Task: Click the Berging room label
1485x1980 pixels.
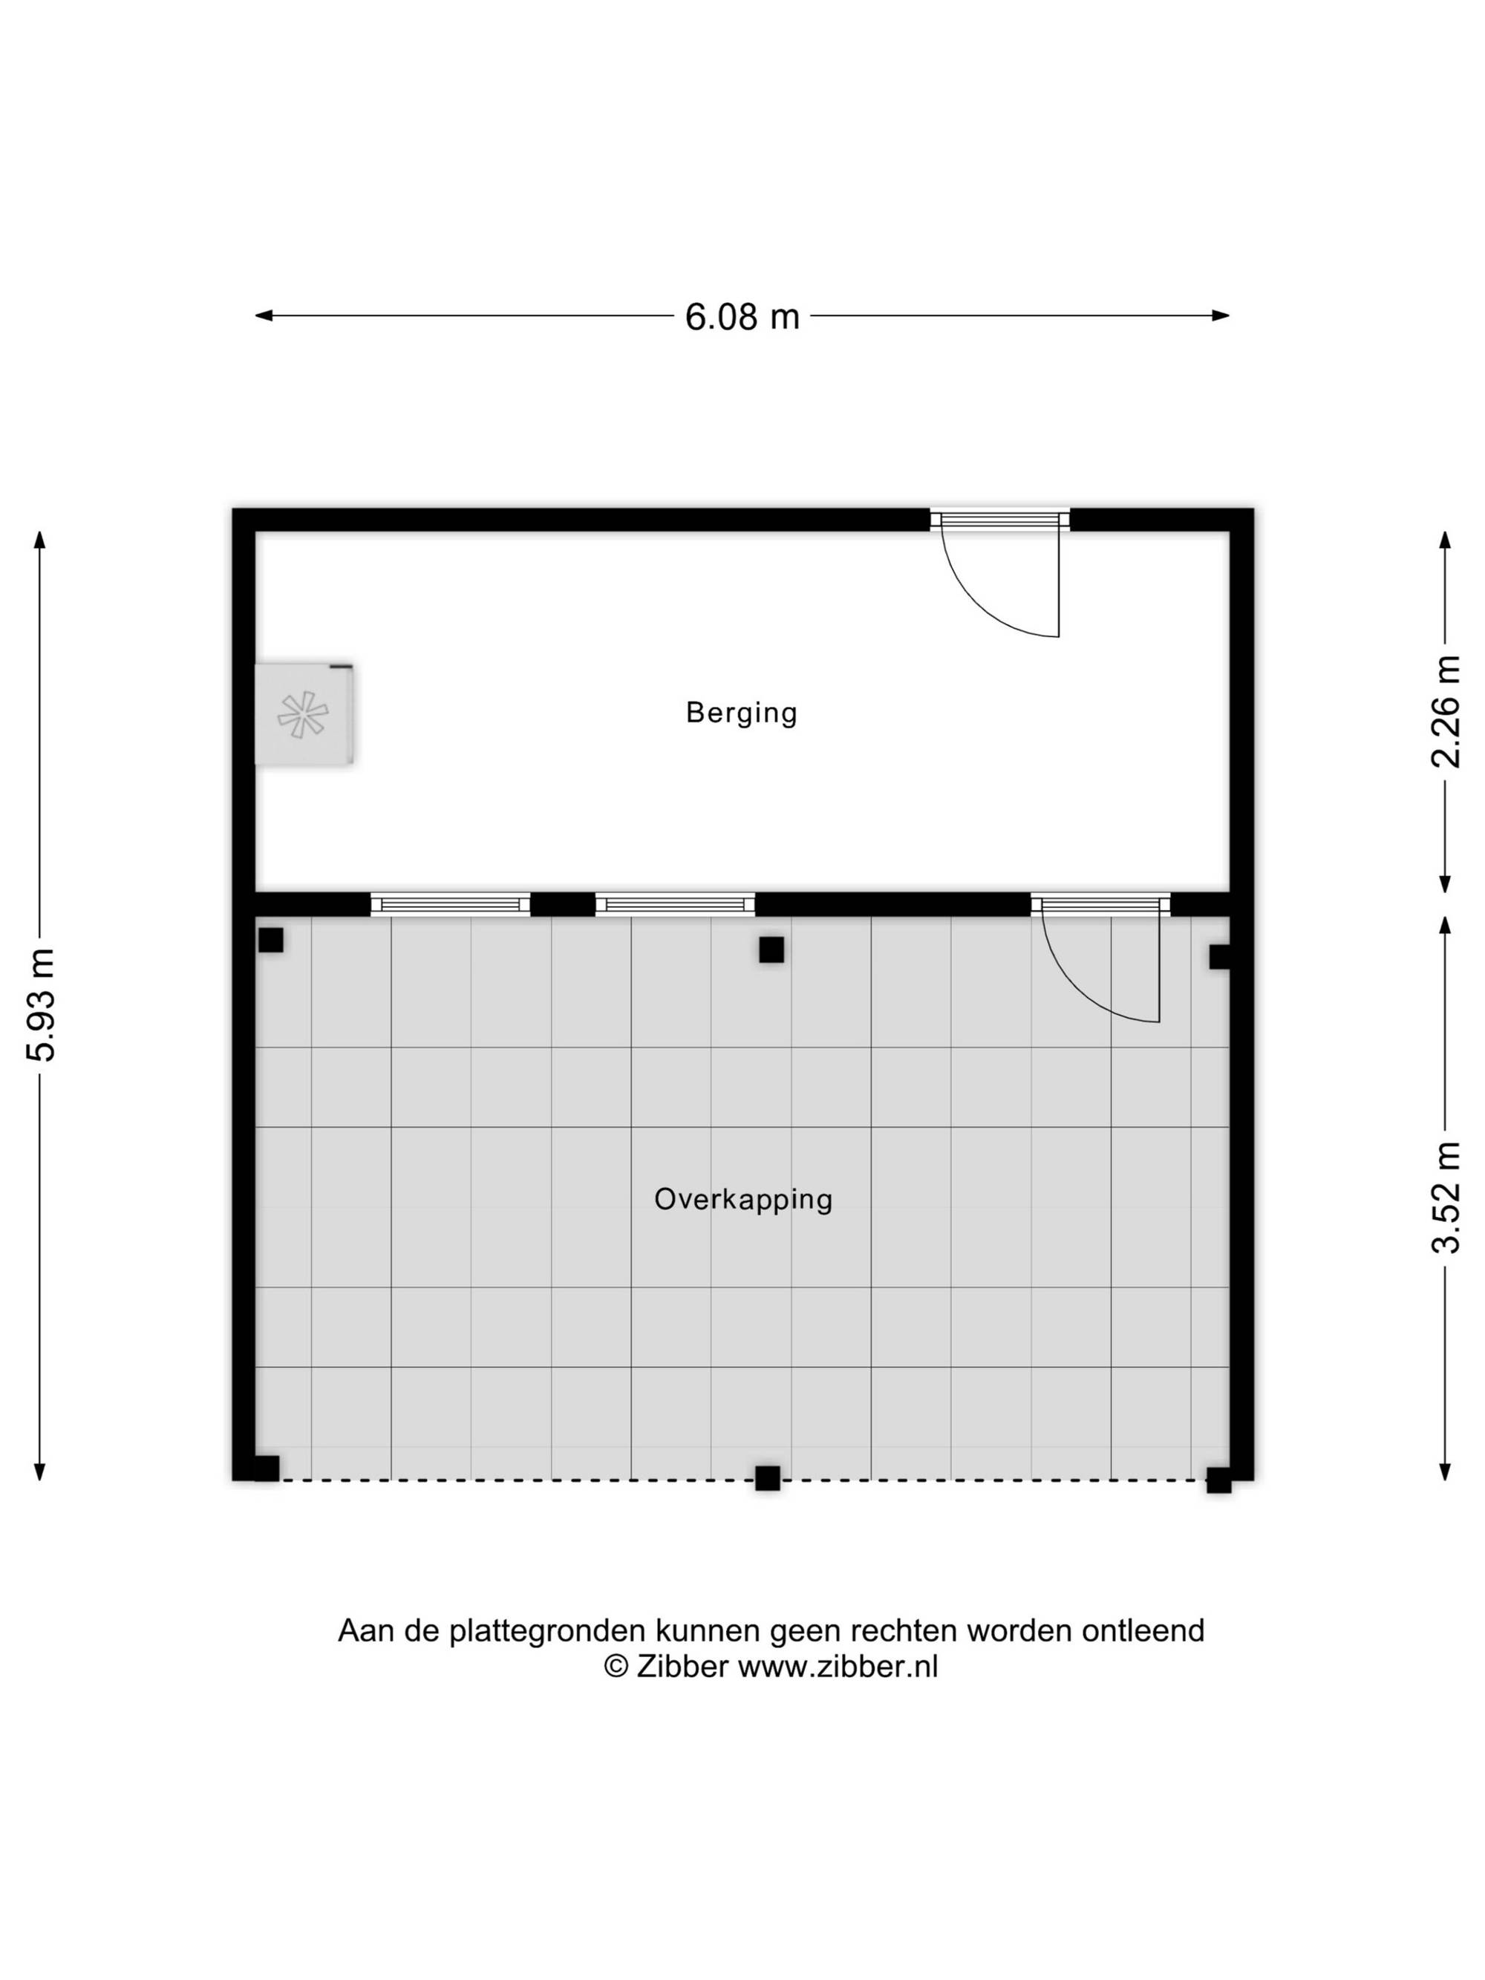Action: pyautogui.click(x=741, y=713)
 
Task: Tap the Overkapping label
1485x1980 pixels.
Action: pyautogui.click(x=743, y=1200)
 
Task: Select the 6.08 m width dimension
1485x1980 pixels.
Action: pyautogui.click(x=742, y=317)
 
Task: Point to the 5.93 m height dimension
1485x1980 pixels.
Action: pyautogui.click(x=41, y=1004)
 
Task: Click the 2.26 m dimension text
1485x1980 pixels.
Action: pyautogui.click(x=1446, y=712)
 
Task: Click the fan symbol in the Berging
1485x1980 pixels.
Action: pyautogui.click(x=302, y=714)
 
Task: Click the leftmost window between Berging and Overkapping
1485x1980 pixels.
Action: pyautogui.click(x=450, y=904)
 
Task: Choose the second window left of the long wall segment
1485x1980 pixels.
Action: pyautogui.click(x=675, y=904)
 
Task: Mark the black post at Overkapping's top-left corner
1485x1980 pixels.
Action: pyautogui.click(x=270, y=940)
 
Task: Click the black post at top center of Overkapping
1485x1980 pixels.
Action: pyautogui.click(x=771, y=950)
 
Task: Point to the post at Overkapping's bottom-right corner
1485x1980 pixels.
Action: pyautogui.click(x=1218, y=1480)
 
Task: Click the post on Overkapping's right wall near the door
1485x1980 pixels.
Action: pyautogui.click(x=1219, y=957)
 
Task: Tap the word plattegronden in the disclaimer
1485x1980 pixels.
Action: pyautogui.click(x=547, y=1631)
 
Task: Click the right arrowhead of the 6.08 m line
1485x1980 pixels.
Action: pyautogui.click(x=1220, y=315)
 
